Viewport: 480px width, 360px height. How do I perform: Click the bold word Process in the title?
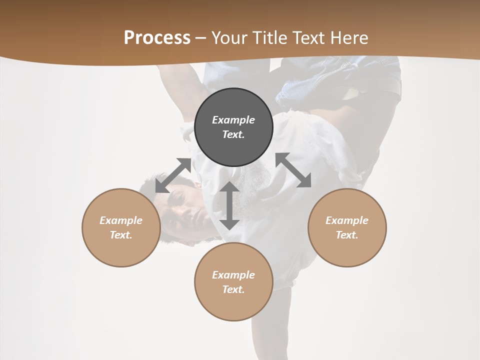(x=157, y=38)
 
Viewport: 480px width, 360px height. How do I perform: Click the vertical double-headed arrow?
(x=229, y=205)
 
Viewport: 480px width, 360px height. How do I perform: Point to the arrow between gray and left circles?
(x=173, y=175)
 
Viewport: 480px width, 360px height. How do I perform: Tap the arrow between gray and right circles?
(x=293, y=170)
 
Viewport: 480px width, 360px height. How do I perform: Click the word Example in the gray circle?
(x=233, y=120)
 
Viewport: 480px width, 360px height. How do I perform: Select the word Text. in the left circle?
(x=121, y=235)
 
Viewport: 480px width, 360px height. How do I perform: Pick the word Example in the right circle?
(x=347, y=220)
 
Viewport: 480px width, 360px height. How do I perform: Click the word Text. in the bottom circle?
(x=233, y=289)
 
